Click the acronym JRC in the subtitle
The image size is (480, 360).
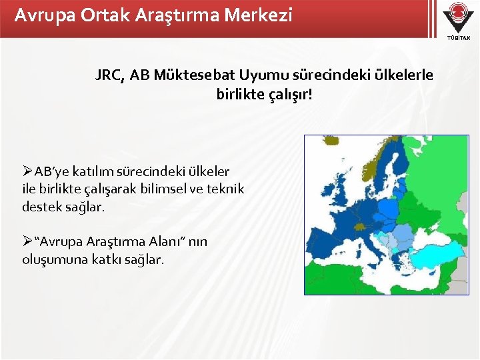click(109, 75)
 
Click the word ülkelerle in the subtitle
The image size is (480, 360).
click(404, 75)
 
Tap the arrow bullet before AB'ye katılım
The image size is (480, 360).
click(28, 172)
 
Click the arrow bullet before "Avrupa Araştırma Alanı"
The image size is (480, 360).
click(28, 241)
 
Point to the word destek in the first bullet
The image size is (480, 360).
click(41, 207)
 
